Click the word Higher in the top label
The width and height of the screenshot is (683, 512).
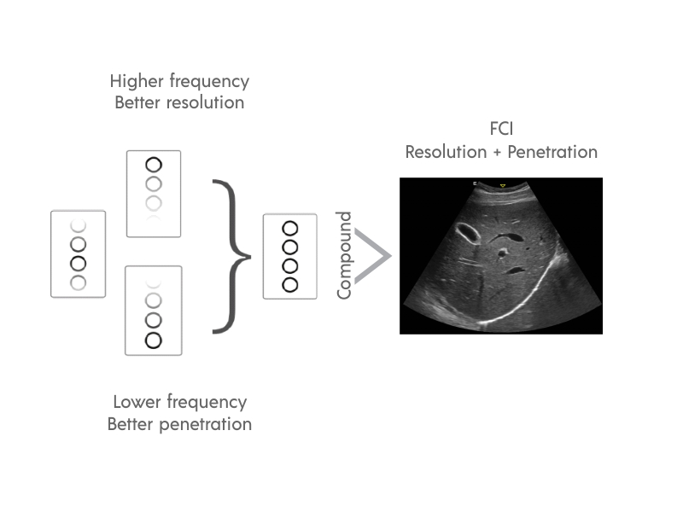[137, 82]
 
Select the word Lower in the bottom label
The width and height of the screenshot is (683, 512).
[137, 402]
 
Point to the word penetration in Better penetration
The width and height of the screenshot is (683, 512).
[206, 423]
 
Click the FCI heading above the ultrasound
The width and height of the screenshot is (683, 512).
[501, 131]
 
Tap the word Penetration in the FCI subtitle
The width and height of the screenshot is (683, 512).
[552, 152]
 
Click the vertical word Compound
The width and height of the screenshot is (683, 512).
[344, 255]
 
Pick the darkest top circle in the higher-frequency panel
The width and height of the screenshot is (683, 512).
[154, 165]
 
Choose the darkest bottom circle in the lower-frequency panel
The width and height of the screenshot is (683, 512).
[154, 340]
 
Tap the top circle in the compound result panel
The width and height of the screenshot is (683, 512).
[290, 228]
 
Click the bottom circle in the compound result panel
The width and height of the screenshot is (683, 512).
[290, 284]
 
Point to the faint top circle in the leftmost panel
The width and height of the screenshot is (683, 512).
[79, 225]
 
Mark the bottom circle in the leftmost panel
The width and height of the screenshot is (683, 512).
[79, 282]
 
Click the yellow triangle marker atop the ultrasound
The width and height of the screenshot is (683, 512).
[503, 185]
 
